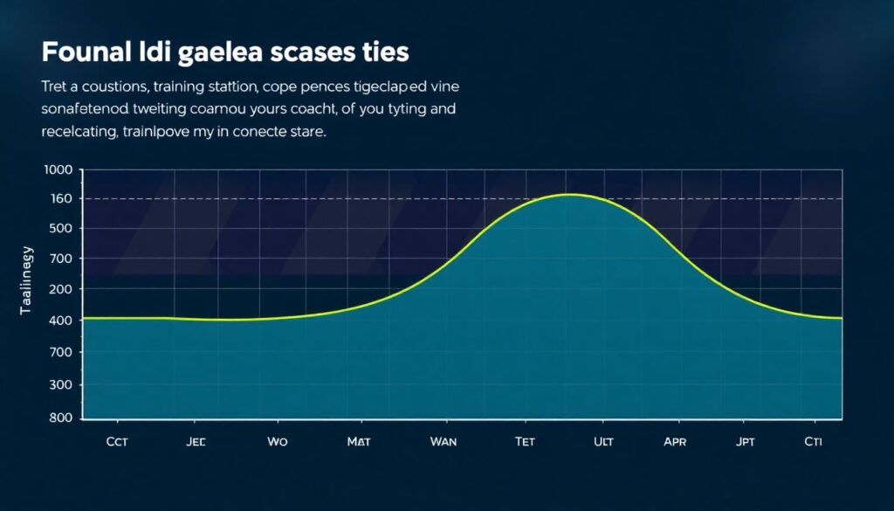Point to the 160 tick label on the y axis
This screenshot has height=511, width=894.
point(62,199)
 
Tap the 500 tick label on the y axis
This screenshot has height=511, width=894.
point(62,229)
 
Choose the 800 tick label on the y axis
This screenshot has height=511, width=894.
point(60,417)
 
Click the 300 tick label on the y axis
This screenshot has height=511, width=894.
point(60,384)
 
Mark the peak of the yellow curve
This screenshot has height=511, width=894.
point(568,194)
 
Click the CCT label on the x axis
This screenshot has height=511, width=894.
point(117,442)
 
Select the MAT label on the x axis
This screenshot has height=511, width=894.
point(359,442)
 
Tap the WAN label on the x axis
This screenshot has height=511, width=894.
point(444,442)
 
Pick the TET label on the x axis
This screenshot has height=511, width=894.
point(525,442)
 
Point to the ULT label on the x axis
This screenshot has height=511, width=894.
point(603,442)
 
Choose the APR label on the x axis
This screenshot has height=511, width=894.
point(675,442)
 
